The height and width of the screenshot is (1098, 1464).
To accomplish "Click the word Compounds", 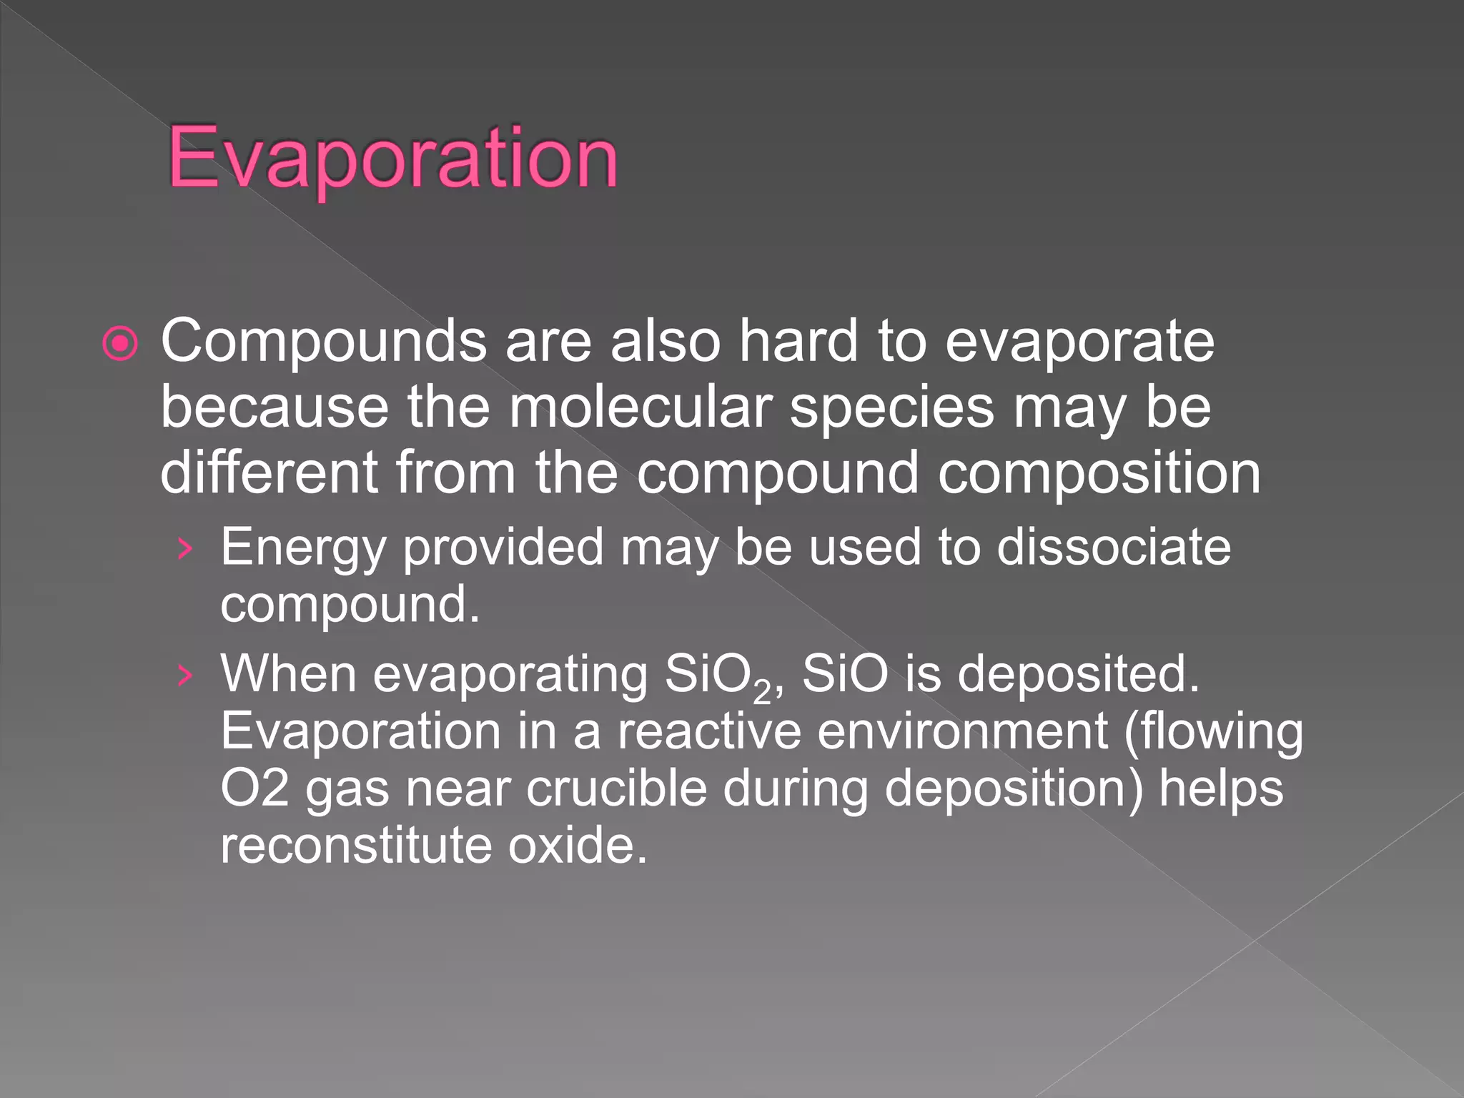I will (x=323, y=342).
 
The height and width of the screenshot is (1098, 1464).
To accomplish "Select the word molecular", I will (x=640, y=407).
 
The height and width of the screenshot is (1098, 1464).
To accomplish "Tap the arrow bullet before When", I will (x=185, y=675).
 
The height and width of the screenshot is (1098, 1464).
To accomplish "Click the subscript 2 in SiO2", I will (x=762, y=692).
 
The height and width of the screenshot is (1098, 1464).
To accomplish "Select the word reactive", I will (x=709, y=731).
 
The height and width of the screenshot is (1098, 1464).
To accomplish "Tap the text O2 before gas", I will (x=254, y=788).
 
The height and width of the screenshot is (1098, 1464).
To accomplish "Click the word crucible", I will (x=616, y=788).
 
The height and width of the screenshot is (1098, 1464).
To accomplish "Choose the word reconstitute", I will (x=355, y=845).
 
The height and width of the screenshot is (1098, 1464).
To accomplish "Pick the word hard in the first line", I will (x=798, y=342).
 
